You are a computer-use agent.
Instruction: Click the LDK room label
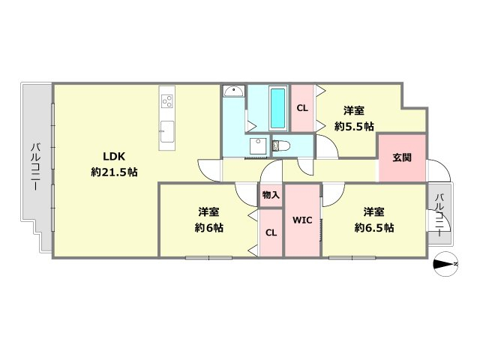[114, 157]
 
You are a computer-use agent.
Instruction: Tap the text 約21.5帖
[114, 172]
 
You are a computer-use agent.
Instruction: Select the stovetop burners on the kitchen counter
[167, 101]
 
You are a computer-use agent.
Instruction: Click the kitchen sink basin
[167, 131]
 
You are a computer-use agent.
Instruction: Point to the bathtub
[278, 108]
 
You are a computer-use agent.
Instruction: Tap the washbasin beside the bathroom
[234, 91]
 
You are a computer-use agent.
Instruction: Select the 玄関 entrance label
[402, 157]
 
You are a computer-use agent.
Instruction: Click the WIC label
[302, 220]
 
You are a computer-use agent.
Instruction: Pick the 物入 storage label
[271, 195]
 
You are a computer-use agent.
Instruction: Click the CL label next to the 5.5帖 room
[302, 108]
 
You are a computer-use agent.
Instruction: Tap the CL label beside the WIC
[271, 233]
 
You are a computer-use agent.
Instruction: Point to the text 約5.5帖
[354, 126]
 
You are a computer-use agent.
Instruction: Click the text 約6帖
[208, 228]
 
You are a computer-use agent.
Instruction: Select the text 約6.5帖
[374, 228]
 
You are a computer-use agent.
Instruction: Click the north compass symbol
[445, 264]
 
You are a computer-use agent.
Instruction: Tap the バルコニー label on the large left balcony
[35, 166]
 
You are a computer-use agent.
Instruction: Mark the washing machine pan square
[258, 146]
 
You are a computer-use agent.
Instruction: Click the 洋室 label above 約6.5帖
[373, 211]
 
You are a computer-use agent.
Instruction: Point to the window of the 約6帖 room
[208, 258]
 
